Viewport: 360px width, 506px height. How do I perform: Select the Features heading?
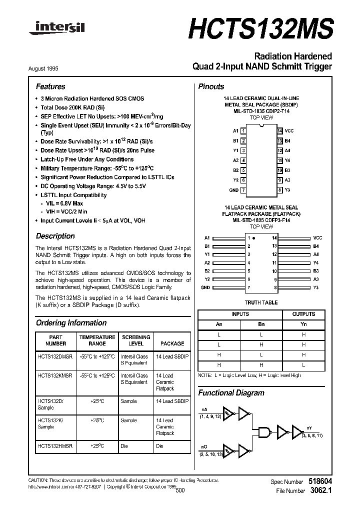(x=50, y=86)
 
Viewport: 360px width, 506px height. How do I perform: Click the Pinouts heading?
(x=211, y=86)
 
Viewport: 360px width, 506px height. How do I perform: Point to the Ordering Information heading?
(x=71, y=323)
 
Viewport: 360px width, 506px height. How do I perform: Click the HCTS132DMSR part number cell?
(x=55, y=357)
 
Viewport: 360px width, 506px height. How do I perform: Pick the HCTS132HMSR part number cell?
(x=55, y=445)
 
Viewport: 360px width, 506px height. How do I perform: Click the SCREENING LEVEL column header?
(x=135, y=340)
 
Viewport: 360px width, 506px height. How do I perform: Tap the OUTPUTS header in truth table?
(x=303, y=314)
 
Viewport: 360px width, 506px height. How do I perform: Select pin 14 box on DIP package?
(x=279, y=130)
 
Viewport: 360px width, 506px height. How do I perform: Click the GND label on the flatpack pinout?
(x=205, y=288)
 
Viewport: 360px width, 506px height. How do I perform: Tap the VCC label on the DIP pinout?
(x=289, y=130)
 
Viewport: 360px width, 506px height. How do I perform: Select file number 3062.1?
(x=320, y=491)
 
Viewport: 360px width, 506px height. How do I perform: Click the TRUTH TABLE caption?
(x=261, y=303)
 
